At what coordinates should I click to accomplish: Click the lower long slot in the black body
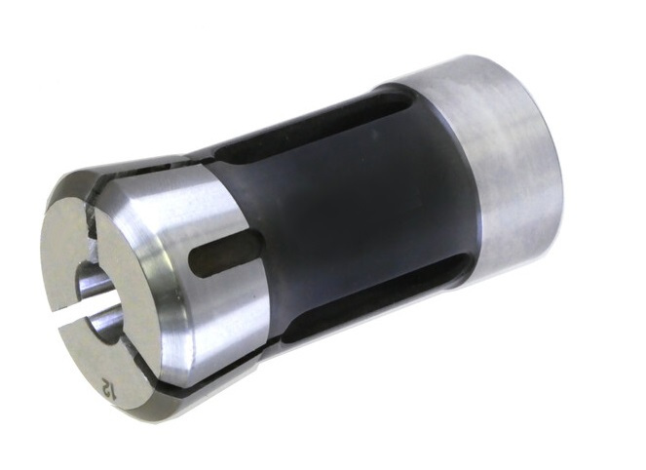pyautogui.click(x=377, y=292)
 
